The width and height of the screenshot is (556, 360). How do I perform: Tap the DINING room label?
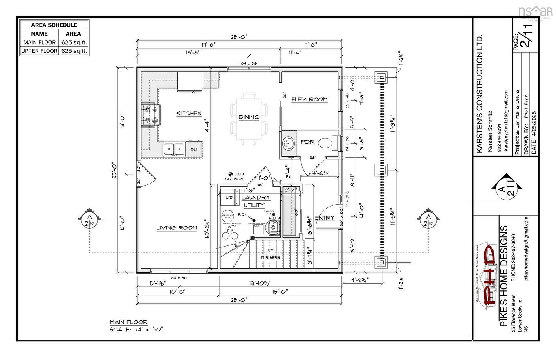point(249,117)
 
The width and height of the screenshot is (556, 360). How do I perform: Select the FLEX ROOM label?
point(309,99)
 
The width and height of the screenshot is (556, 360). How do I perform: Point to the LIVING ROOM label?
point(177,228)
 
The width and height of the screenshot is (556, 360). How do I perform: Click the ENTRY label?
point(325,218)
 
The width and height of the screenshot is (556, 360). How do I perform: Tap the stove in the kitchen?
point(150,114)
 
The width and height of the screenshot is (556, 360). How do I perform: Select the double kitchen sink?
point(174,149)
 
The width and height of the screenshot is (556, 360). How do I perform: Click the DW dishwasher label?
point(193,150)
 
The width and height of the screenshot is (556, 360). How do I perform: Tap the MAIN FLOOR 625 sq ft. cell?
point(74,42)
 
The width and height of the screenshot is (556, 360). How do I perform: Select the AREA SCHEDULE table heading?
point(54,25)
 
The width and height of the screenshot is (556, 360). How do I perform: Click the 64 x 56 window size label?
point(249,63)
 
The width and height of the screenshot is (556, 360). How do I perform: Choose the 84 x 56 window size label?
point(179,278)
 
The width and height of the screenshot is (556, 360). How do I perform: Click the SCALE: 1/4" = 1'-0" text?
point(137,329)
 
